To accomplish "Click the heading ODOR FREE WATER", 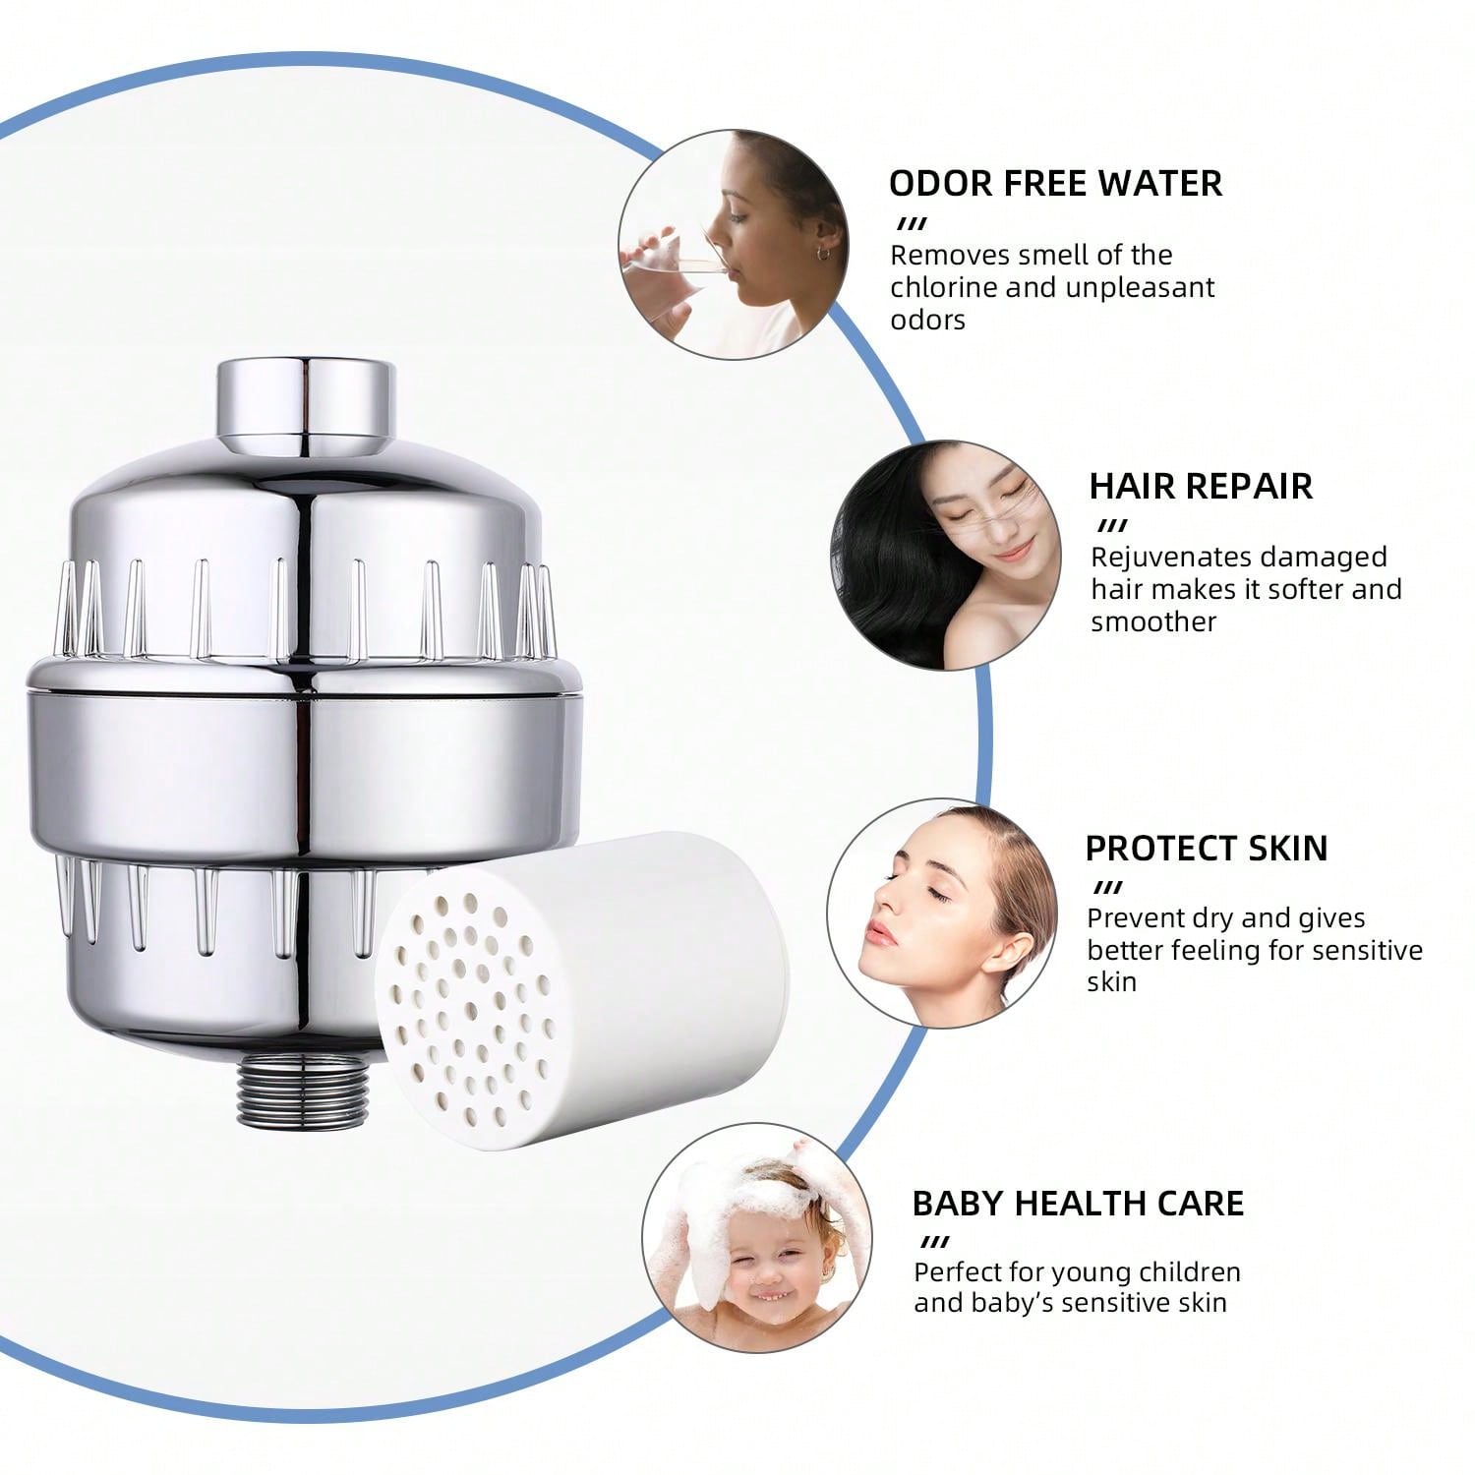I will pyautogui.click(x=1055, y=183).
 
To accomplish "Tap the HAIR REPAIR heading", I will pyautogui.click(x=1200, y=486).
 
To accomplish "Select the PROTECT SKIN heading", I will pyautogui.click(x=1206, y=848).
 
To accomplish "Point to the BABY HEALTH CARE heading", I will pyautogui.click(x=1078, y=1203).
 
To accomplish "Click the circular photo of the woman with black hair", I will pyautogui.click(x=945, y=556).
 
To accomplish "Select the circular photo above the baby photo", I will pyautogui.click(x=941, y=914).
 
